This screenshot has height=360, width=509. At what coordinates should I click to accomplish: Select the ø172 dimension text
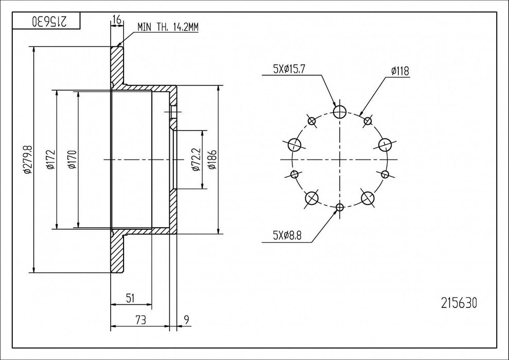tap(50, 160)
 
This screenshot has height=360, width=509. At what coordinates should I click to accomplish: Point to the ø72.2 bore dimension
tap(196, 160)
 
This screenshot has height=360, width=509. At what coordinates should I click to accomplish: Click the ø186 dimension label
tap(211, 160)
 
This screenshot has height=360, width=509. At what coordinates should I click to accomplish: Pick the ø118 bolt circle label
tap(400, 72)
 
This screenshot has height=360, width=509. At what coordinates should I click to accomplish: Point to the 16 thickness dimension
tap(116, 20)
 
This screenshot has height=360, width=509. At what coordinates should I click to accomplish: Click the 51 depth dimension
tap(131, 297)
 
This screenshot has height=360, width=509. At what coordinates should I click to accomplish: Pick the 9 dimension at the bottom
tap(186, 320)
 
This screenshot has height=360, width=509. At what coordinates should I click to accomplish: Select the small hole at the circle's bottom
tap(340, 208)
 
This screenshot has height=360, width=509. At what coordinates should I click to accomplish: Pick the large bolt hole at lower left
tap(312, 198)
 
